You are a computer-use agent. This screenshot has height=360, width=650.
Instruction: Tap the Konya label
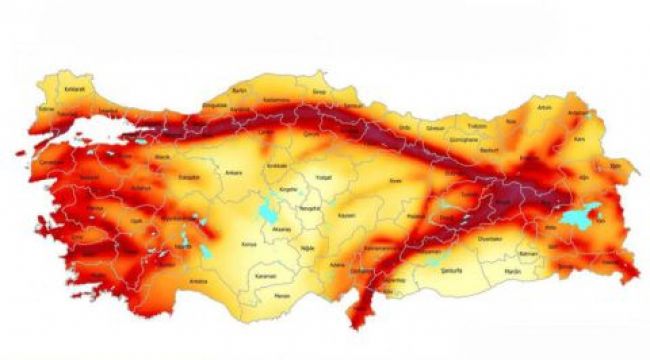tap(250, 242)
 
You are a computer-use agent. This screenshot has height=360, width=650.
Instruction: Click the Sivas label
tap(396, 180)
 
